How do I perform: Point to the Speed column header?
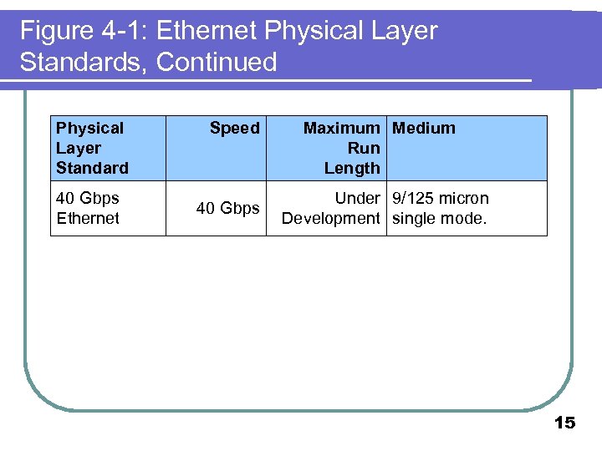(234, 128)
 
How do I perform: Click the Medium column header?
(424, 128)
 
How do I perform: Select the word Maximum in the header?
(341, 128)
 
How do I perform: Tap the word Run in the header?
(364, 148)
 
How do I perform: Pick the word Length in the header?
(352, 168)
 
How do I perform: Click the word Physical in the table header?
(89, 128)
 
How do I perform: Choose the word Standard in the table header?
(92, 168)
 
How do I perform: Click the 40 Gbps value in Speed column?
(227, 208)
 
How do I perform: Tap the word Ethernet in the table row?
(88, 218)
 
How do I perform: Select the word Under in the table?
(357, 198)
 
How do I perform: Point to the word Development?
(331, 218)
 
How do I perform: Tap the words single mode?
(440, 218)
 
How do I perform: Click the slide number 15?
(564, 423)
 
